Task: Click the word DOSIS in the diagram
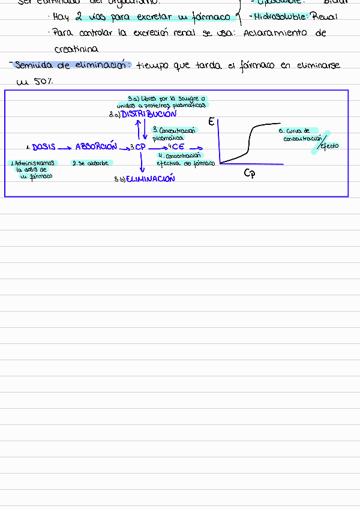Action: point(44,146)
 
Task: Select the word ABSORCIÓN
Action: point(96,146)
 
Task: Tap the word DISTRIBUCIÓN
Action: point(149,114)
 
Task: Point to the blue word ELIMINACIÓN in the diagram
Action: point(151,179)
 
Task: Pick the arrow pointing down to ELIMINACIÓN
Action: point(141,163)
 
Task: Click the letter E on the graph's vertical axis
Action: point(211,122)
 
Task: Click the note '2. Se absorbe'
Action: point(90,163)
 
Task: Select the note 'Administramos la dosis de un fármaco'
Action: point(33,169)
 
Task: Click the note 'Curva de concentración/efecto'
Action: point(306,138)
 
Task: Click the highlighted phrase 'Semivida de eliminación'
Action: point(73,65)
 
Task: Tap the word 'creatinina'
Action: point(76,49)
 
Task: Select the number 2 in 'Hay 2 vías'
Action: point(79,17)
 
